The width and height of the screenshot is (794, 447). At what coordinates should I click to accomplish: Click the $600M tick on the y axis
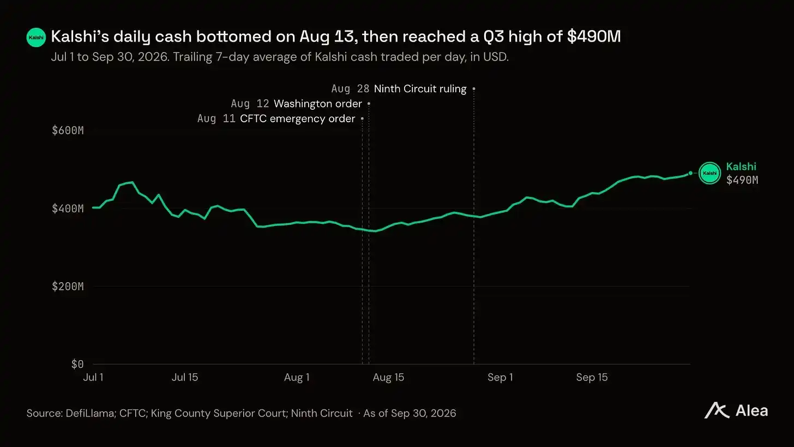(x=68, y=130)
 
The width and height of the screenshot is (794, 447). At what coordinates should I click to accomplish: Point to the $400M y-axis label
(x=68, y=208)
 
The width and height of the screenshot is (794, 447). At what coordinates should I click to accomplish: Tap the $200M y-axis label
(x=68, y=287)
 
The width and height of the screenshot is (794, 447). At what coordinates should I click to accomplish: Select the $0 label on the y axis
(x=77, y=364)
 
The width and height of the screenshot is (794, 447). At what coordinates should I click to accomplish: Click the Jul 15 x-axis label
(x=185, y=377)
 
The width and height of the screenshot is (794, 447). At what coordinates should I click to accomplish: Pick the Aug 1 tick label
(x=297, y=377)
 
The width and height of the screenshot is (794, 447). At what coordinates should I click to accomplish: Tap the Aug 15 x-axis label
(x=388, y=377)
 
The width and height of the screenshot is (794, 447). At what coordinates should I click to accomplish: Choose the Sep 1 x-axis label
(x=500, y=377)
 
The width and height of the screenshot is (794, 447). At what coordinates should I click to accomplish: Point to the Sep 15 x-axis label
(x=592, y=377)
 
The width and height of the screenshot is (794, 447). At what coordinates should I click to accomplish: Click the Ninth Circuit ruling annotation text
(x=420, y=88)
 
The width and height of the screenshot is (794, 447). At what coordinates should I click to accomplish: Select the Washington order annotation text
(x=317, y=104)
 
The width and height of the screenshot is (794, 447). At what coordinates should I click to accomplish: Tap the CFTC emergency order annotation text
(x=297, y=118)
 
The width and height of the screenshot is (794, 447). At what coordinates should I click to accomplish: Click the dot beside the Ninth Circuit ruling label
(x=474, y=88)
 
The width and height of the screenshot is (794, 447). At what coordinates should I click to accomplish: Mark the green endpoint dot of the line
(x=690, y=173)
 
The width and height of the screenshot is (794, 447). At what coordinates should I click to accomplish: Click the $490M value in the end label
(x=742, y=180)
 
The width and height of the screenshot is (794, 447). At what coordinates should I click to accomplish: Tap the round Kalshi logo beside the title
(x=36, y=37)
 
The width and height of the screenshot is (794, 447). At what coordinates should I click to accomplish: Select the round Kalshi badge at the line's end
(x=709, y=173)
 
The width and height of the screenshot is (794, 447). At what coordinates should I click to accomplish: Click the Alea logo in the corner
(x=736, y=411)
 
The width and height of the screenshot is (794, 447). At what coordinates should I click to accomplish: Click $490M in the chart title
(x=594, y=37)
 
